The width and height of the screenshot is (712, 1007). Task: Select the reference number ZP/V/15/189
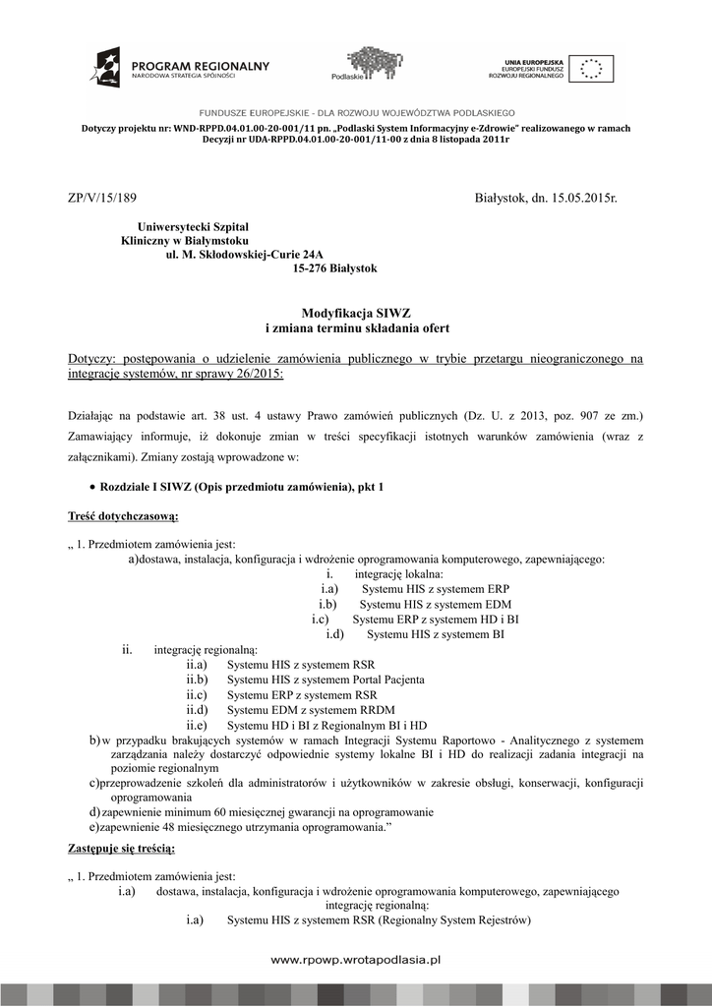[96, 199]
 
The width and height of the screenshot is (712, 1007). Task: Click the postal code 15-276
[312, 267]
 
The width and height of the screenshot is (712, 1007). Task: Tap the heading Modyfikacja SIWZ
[356, 312]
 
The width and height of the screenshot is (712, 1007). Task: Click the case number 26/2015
[260, 375]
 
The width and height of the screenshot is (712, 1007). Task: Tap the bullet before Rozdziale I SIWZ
[91, 487]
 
